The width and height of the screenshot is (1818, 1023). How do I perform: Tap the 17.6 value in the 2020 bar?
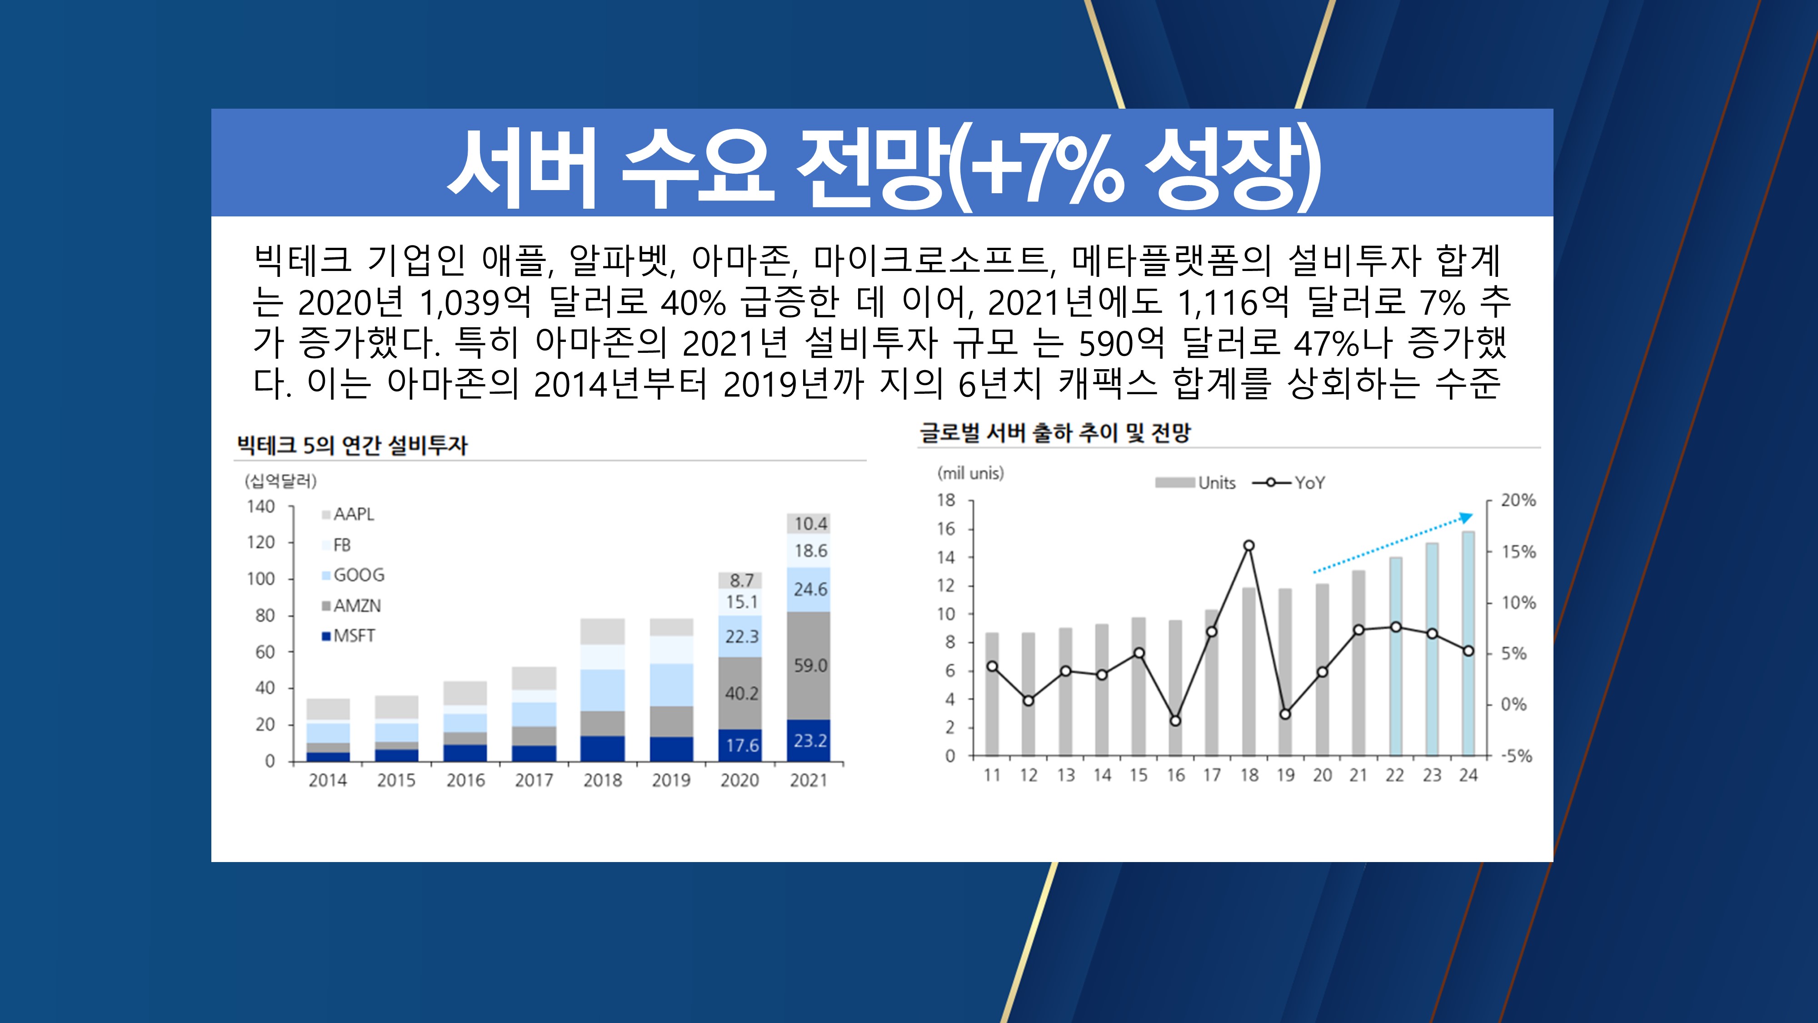point(742,746)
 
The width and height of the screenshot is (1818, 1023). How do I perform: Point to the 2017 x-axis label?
point(534,780)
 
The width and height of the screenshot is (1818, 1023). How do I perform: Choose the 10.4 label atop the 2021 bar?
point(810,524)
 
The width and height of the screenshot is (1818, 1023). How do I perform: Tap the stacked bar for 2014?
point(328,730)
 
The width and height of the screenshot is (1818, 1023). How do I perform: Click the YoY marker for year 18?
point(1249,546)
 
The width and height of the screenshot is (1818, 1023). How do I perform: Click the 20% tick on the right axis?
point(1518,501)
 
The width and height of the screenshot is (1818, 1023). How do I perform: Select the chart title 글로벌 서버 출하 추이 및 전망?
point(1054,433)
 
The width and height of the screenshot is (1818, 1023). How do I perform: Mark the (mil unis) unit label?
point(970,473)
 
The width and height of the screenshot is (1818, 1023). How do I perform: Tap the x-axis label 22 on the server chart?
point(1394,775)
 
